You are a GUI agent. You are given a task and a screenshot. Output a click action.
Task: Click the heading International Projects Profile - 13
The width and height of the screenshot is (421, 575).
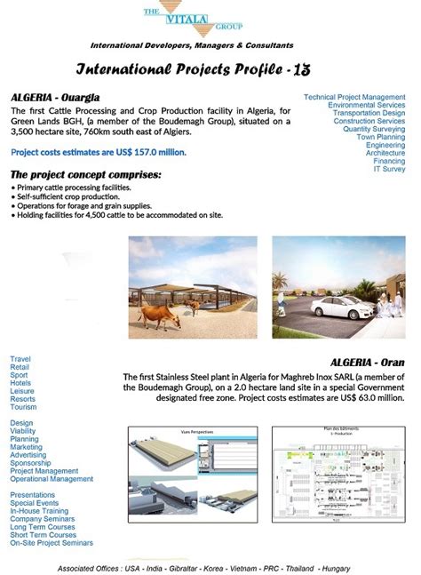coord(194,68)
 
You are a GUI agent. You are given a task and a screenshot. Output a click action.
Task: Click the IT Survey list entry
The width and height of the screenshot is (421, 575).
coord(388,169)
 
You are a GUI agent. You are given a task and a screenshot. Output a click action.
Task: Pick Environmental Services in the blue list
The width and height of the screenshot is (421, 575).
coord(366,105)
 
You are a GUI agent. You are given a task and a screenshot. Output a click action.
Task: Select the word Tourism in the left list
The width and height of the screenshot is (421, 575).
coord(23,407)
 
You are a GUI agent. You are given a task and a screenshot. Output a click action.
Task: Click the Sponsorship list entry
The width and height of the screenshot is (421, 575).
coord(30,463)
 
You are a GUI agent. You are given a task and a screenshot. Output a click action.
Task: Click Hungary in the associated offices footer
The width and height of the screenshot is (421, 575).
coord(335,567)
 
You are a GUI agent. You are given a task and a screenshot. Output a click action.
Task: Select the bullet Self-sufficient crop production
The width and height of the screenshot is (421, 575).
coord(68,196)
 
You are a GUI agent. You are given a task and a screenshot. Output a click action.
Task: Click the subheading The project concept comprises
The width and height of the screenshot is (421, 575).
coord(85,175)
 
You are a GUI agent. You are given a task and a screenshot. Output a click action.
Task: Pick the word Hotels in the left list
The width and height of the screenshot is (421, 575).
coord(21,382)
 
